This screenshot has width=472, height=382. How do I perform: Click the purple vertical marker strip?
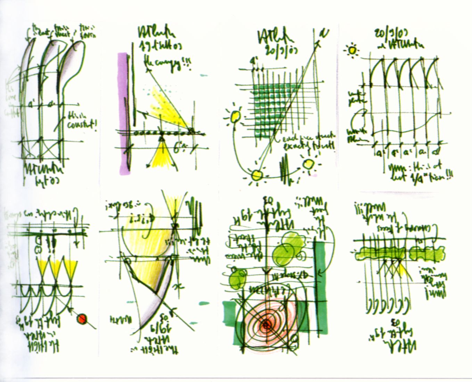click(123, 111)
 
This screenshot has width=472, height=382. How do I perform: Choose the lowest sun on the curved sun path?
click(257, 175)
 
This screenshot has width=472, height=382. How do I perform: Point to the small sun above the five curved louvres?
click(353, 50)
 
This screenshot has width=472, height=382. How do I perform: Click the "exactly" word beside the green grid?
click(297, 146)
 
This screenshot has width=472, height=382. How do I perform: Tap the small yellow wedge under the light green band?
click(402, 269)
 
